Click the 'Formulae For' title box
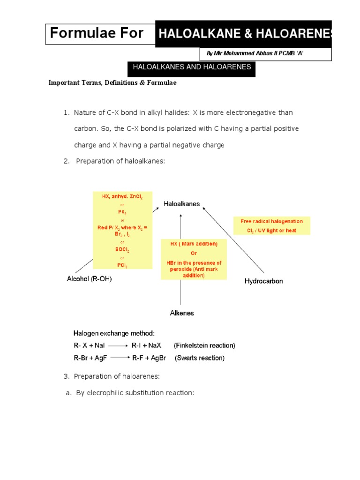(x=97, y=34)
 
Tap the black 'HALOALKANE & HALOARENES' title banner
(x=243, y=34)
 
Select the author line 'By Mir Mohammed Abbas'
(x=255, y=54)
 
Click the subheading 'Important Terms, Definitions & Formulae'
(x=112, y=83)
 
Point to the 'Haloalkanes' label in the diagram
(x=181, y=204)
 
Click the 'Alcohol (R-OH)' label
(x=89, y=279)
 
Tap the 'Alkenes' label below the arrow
(x=181, y=313)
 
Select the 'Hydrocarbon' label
(x=264, y=281)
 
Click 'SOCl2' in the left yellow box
(x=122, y=250)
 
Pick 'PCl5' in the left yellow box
(x=122, y=265)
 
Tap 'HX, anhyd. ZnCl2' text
(x=122, y=197)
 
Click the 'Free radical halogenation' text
(x=271, y=221)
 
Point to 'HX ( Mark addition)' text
(x=193, y=244)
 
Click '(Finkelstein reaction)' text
(x=204, y=345)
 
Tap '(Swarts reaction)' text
(x=200, y=358)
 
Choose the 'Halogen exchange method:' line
(x=114, y=333)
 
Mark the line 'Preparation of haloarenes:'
(x=118, y=376)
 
